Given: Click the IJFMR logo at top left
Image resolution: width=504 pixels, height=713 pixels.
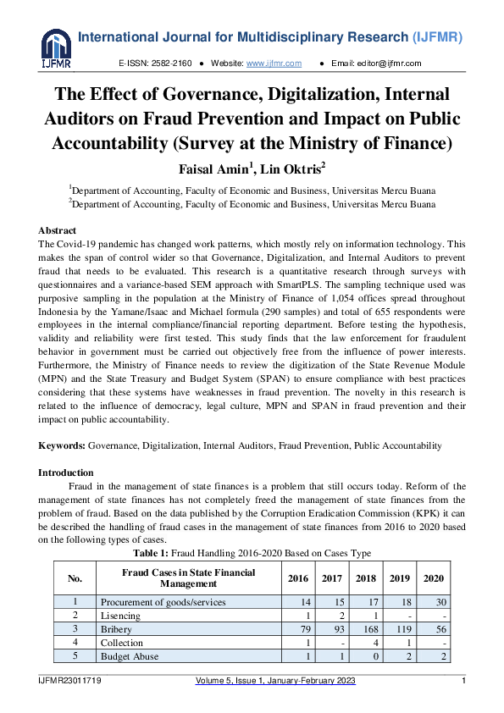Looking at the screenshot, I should (x=56, y=47).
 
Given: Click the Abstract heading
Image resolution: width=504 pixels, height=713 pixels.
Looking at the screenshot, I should (x=58, y=230).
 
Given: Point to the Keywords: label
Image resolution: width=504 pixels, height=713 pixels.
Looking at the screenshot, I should (x=61, y=445).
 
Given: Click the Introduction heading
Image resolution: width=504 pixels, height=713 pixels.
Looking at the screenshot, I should (x=66, y=473).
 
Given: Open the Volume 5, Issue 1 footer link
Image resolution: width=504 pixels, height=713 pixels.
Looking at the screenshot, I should (x=275, y=682).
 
